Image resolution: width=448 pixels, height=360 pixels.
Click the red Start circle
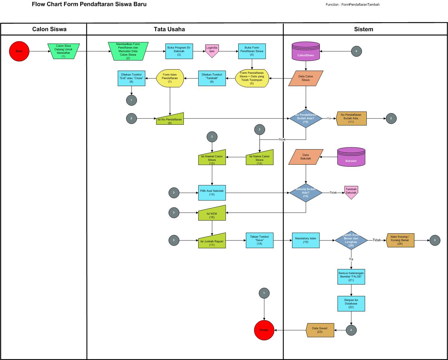coord(19,51)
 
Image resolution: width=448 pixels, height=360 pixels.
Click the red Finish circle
coord(264,330)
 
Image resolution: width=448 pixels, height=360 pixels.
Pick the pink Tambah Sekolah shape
coord(351,192)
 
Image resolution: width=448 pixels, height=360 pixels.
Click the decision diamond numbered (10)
coord(306,119)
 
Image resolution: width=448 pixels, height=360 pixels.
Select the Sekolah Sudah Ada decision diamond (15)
coord(306,193)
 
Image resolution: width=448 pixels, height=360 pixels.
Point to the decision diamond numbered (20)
coord(351,240)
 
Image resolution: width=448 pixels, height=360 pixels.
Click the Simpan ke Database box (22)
coord(351,303)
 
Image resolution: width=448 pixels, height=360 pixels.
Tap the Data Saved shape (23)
coord(320,330)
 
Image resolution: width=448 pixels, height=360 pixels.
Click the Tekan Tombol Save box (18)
coord(259,240)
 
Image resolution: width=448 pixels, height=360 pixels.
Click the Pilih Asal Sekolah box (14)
coord(212,193)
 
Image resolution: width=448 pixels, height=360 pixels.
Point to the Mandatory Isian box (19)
coord(306,240)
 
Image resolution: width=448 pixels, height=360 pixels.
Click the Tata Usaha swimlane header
coord(185,29)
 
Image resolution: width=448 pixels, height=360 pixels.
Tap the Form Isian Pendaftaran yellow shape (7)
coord(170,78)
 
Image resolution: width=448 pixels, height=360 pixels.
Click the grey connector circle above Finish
coord(264,293)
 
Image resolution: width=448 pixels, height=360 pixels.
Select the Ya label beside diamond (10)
coord(329,119)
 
